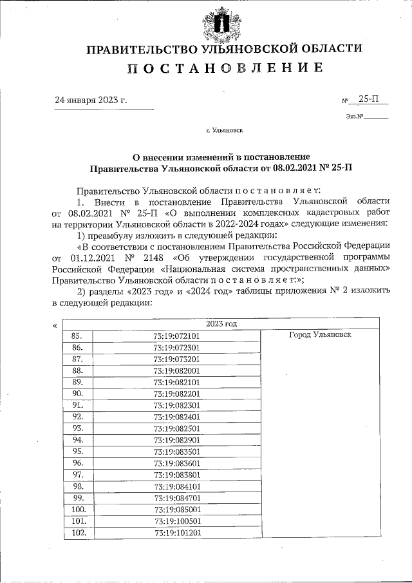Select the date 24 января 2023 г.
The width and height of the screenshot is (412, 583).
[x=91, y=100]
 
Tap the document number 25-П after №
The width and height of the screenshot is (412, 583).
[x=370, y=99]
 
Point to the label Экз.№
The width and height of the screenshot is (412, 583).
[x=355, y=117]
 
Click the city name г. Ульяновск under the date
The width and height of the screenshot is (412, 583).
[x=224, y=130]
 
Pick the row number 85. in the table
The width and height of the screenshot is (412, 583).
[x=77, y=336]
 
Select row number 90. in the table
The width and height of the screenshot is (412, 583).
[x=77, y=393]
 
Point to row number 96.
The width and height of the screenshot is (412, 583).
[x=77, y=463]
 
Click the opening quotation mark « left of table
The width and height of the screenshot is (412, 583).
[x=54, y=326]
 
